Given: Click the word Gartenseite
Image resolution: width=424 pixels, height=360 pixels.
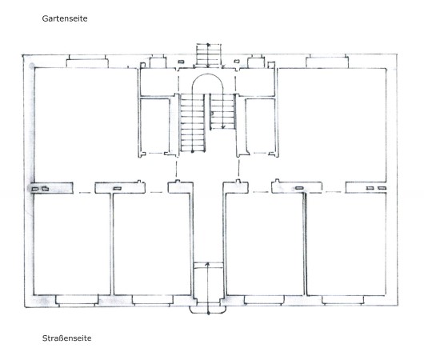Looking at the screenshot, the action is (65, 18).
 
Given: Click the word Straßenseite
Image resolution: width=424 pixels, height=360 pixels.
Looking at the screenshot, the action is (66, 338).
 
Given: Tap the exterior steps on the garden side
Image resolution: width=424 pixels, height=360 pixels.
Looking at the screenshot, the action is (209, 55).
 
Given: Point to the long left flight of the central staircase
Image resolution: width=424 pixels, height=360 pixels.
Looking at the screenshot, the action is (193, 122).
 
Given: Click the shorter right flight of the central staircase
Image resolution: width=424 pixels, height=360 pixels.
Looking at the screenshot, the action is (222, 111).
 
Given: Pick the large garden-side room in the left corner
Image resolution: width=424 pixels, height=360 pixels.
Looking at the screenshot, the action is (86, 125).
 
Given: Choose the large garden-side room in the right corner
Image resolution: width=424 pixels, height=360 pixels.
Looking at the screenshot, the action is (332, 125).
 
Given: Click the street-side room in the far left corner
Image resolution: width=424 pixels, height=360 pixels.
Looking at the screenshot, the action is (72, 244).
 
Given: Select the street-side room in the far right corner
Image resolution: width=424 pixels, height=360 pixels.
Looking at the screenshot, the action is (346, 244).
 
